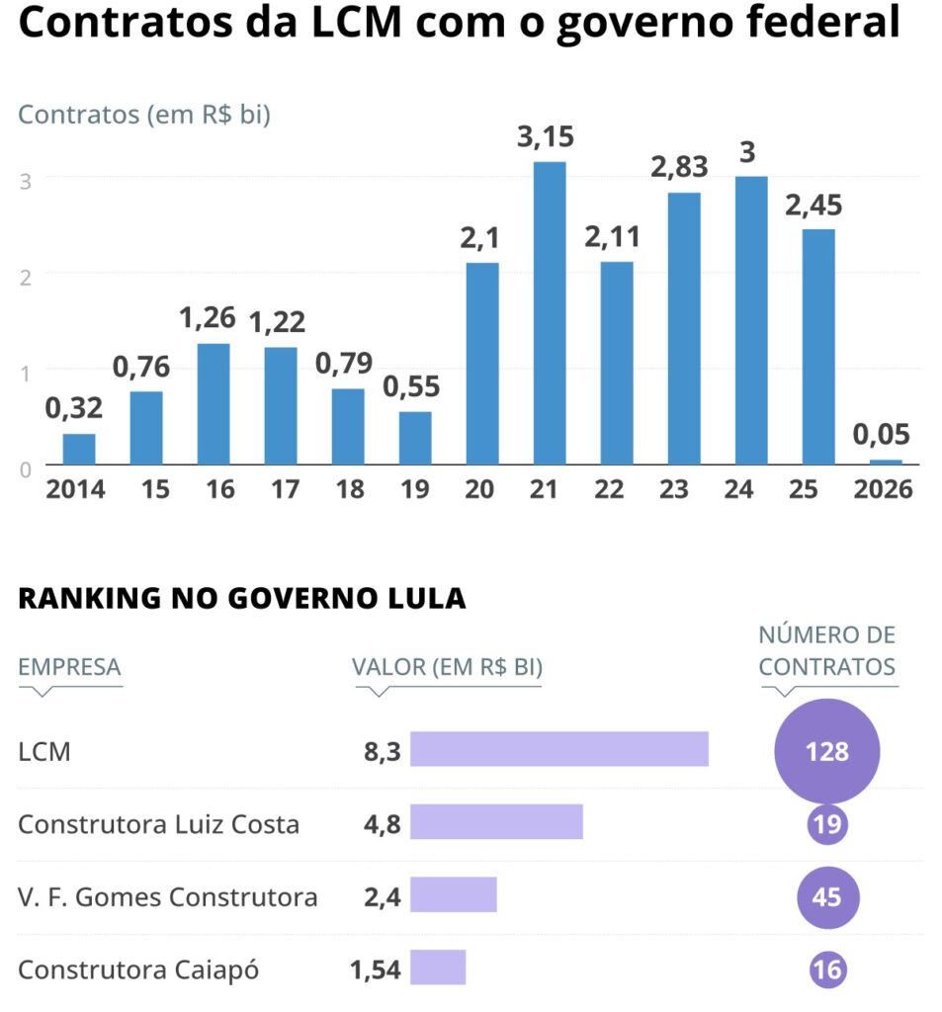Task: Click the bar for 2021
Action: coord(550,313)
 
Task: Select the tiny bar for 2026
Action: coord(886,462)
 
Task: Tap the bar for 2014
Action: coord(79,449)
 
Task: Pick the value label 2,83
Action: coord(679,166)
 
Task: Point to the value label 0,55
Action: coord(413,386)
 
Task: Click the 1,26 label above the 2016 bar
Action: coord(214,318)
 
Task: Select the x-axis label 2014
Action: coord(76,489)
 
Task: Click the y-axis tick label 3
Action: coord(26,180)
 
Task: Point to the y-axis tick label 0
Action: coord(26,468)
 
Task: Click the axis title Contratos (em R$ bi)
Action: coord(144,115)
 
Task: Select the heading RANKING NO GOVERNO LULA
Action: coord(241,599)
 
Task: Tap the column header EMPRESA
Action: coord(69,667)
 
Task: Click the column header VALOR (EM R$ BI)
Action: coord(447,667)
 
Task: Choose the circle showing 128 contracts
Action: coord(826,751)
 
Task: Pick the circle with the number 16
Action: coord(826,970)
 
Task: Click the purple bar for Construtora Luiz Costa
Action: coord(496,822)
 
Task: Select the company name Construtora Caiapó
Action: coord(138,970)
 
